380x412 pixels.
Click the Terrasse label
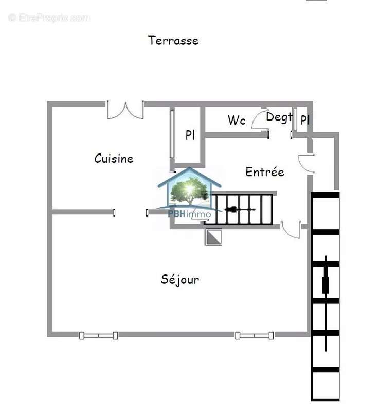tap(173, 40)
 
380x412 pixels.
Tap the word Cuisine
tap(114, 159)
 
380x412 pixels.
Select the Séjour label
tap(180, 279)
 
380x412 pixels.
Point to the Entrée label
tap(265, 172)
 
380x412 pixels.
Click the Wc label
tap(237, 121)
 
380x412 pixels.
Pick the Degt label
tap(279, 117)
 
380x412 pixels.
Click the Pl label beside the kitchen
tap(190, 135)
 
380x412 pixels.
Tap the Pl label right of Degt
tap(305, 120)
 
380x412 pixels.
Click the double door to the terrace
tap(125, 109)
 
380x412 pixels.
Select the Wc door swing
tap(261, 118)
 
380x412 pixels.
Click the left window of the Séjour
tap(98, 335)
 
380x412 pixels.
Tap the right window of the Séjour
tap(255, 335)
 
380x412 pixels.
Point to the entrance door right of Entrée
tap(307, 163)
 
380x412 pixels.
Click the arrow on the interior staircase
tap(239, 210)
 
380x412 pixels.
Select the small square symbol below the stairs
tap(213, 237)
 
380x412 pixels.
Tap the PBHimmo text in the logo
tap(189, 214)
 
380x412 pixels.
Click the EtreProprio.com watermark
tap(49, 18)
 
